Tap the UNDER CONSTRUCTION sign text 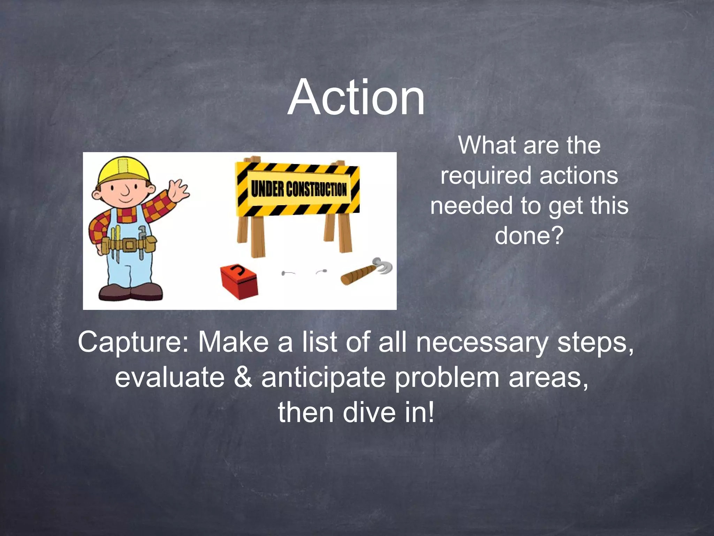pyautogui.click(x=299, y=190)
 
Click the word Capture pyautogui.click(x=133, y=342)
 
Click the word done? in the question pyautogui.click(x=529, y=235)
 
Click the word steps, pyautogui.click(x=595, y=343)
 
